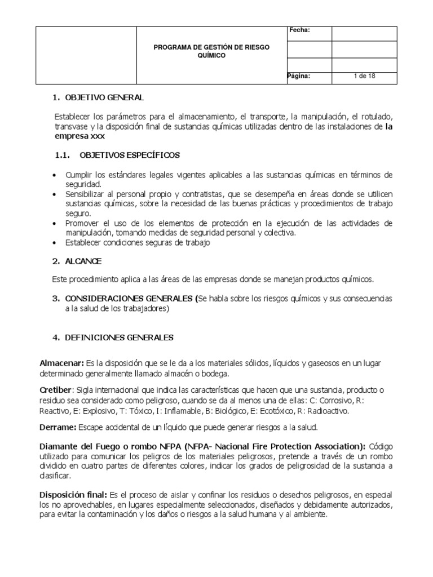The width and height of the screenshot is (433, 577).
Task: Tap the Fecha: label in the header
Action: coord(299,30)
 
